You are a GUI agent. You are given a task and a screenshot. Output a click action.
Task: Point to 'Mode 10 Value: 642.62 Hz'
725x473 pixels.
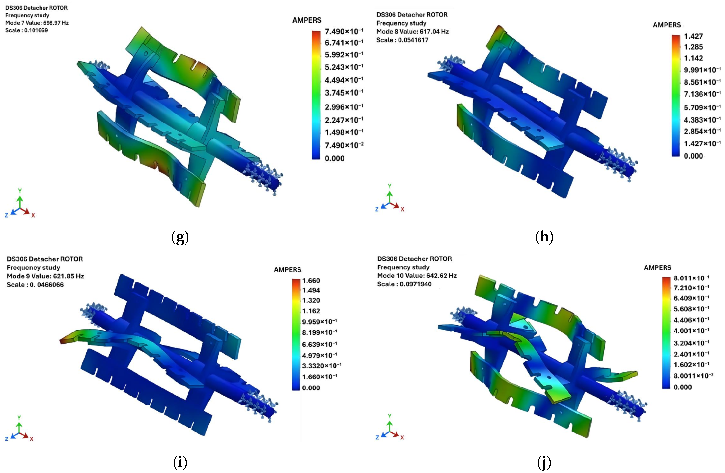[x=417, y=276]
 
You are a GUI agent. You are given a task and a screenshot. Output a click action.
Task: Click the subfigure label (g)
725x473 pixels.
[x=180, y=237]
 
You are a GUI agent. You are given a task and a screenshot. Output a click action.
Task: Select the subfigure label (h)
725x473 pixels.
[x=544, y=237]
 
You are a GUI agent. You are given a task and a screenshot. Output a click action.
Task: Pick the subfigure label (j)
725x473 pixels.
[x=544, y=463]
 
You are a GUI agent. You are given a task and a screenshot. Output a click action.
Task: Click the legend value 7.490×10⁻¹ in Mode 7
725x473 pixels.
[x=344, y=31]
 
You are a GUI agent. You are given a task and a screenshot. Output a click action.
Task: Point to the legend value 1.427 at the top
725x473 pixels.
[x=693, y=36]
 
